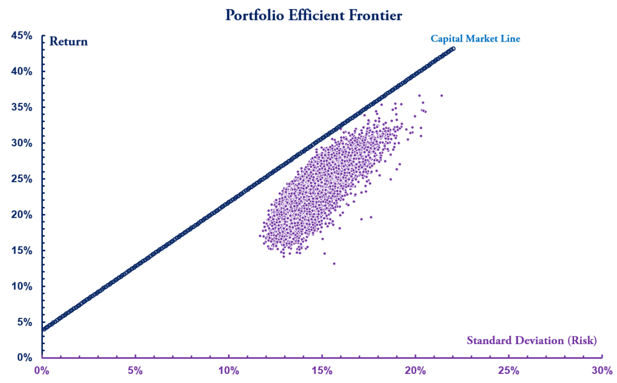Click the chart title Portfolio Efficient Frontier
[x=314, y=15]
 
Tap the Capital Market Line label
[x=475, y=39]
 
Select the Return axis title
[x=69, y=41]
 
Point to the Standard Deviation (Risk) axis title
[x=532, y=341]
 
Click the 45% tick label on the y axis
[x=22, y=36]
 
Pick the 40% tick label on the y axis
[x=22, y=71]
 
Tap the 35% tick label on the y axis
[x=22, y=107]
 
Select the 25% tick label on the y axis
[x=22, y=179]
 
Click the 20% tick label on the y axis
[x=22, y=214]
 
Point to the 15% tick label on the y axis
[x=22, y=250]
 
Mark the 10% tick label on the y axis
[x=22, y=286]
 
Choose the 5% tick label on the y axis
[x=25, y=322]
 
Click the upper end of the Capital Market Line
[x=453, y=49]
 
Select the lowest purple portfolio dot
[x=334, y=264]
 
